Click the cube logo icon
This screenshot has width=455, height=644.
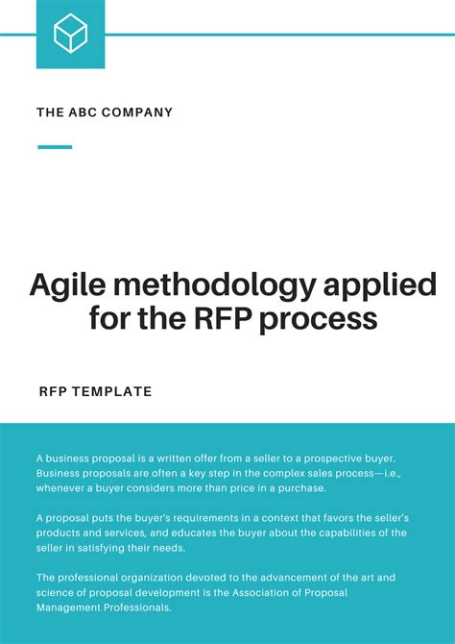point(70,35)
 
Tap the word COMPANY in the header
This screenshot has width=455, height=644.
point(138,112)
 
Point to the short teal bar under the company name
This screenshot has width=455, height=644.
point(55,147)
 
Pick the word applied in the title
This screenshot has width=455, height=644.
point(374,285)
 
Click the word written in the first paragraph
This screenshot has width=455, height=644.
point(154,458)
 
